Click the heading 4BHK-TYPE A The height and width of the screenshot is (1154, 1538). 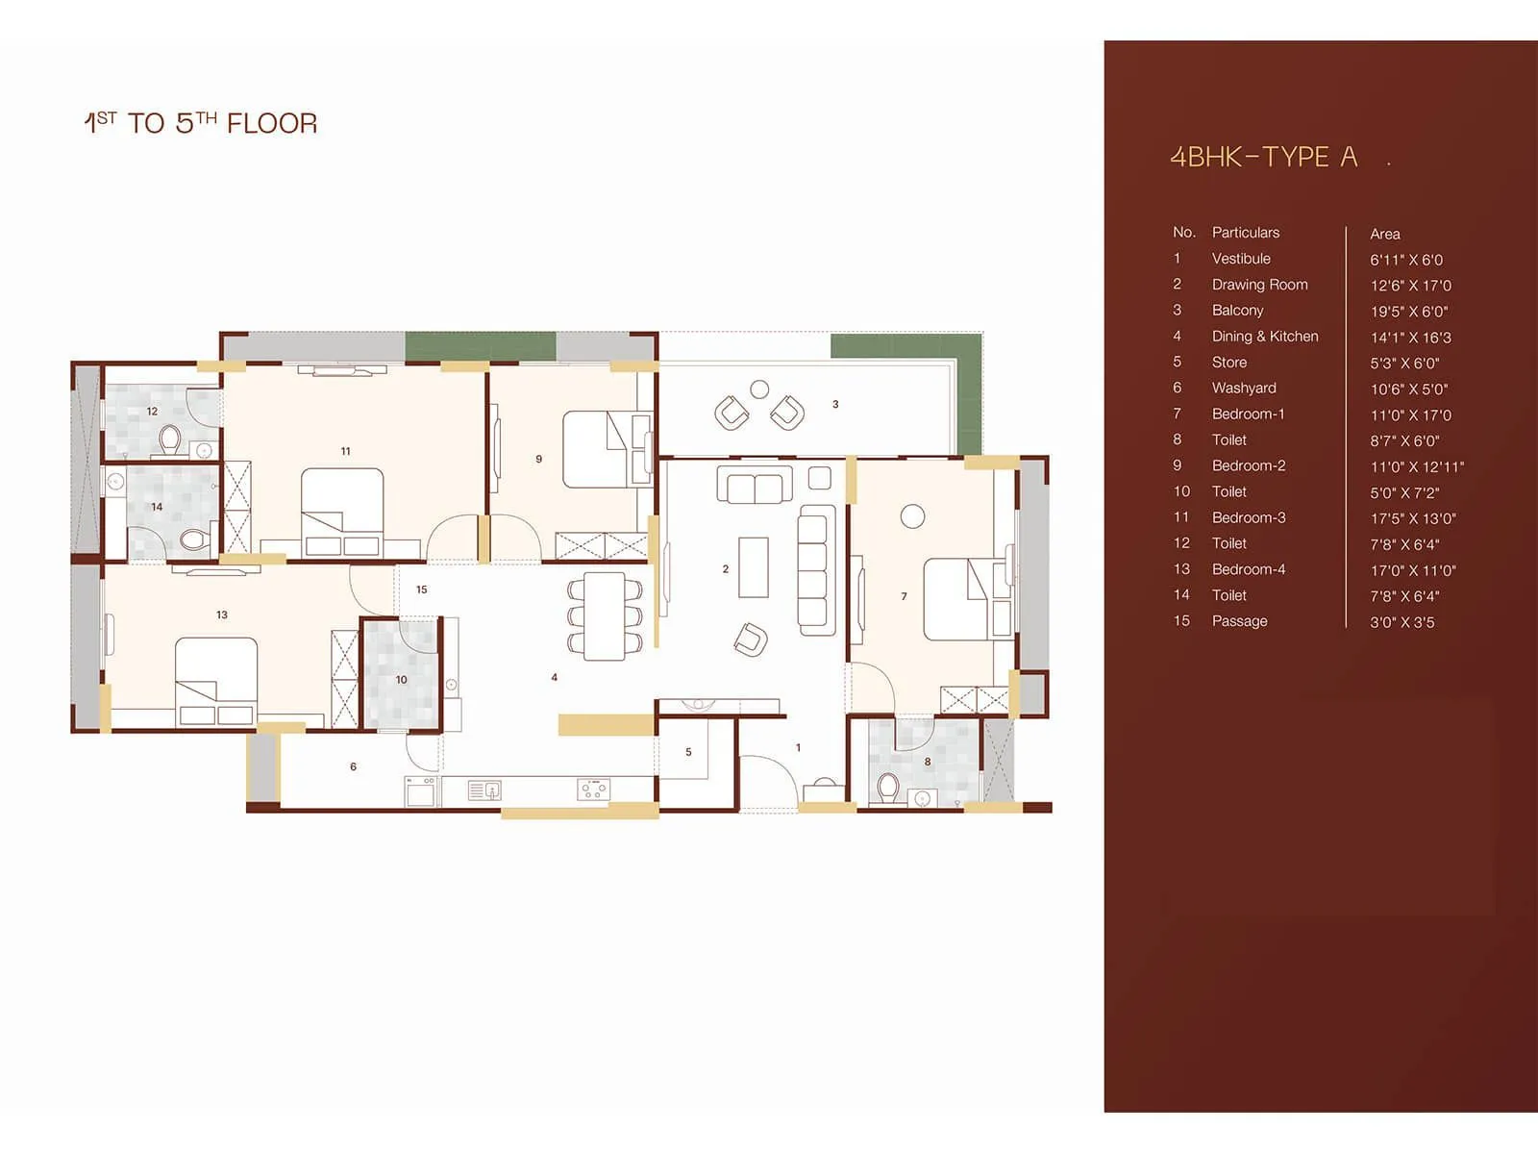(1263, 157)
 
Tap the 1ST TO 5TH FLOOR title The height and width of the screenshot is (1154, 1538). (200, 123)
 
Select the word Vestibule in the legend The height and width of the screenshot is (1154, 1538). (1241, 259)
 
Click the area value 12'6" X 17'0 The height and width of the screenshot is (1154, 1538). (1410, 286)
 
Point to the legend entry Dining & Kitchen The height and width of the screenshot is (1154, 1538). (1264, 337)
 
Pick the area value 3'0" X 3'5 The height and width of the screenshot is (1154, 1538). (1402, 622)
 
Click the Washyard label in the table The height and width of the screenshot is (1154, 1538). (1244, 388)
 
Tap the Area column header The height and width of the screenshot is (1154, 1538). (1384, 234)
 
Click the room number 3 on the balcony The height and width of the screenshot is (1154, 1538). (835, 404)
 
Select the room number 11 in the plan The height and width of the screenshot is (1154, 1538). (345, 451)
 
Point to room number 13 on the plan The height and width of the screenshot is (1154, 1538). (222, 615)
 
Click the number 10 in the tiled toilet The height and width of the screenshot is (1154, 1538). (401, 679)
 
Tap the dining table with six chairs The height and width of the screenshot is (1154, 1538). (605, 615)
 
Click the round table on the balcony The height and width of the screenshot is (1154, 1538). (759, 389)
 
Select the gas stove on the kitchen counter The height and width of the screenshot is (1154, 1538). (593, 790)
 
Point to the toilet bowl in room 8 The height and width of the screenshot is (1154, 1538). (888, 788)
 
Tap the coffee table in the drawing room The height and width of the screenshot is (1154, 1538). (753, 567)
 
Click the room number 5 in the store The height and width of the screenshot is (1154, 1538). (688, 752)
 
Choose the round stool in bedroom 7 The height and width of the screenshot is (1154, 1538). (912, 516)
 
